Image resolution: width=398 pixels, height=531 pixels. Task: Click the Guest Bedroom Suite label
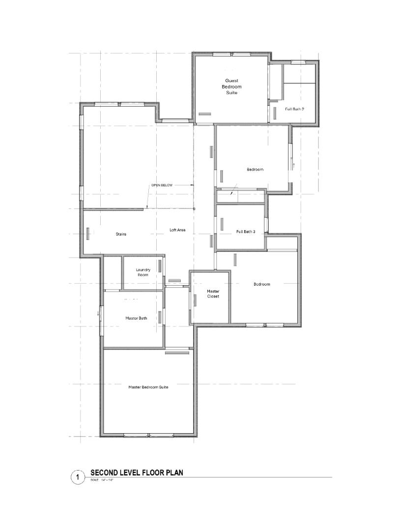(x=233, y=86)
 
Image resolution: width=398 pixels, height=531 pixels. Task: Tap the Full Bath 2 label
(x=294, y=109)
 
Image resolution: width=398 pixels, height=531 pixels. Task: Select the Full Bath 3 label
(x=246, y=231)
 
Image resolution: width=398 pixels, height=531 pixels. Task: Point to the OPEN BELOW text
(x=162, y=185)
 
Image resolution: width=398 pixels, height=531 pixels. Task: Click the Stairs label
(x=121, y=234)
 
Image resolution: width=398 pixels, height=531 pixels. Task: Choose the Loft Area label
(x=177, y=230)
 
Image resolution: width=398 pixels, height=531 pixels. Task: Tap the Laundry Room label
(x=143, y=272)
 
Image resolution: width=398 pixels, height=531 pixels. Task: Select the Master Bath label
(x=136, y=318)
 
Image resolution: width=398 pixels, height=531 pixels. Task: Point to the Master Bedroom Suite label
(x=148, y=387)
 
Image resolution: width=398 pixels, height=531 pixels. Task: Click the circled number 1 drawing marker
(x=78, y=477)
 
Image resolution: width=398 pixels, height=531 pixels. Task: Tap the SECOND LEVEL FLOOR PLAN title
(x=137, y=473)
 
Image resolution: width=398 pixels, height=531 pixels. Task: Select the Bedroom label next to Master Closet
(x=262, y=284)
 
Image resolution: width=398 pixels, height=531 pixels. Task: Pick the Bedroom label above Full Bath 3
(x=255, y=170)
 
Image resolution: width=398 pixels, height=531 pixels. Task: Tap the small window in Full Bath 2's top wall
(x=298, y=62)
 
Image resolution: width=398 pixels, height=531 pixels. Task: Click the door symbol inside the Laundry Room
(x=160, y=269)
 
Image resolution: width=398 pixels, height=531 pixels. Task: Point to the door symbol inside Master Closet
(x=195, y=299)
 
